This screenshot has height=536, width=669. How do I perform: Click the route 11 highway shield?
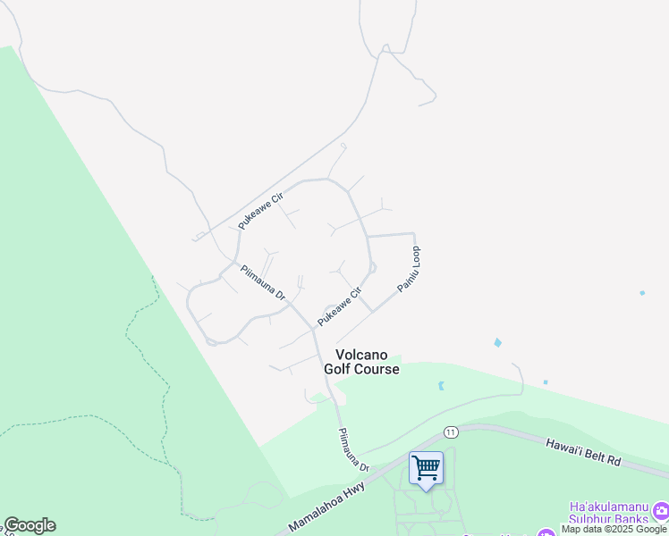pos(450,431)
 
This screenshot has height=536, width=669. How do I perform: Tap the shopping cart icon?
pos(427,467)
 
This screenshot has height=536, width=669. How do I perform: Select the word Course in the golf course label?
pos(376,369)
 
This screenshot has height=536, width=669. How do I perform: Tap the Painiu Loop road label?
pos(409,273)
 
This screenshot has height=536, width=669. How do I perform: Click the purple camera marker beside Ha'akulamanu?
pos(661,511)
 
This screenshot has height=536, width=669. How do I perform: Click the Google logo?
pos(30,525)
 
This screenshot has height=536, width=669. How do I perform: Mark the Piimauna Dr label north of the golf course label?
pos(261,281)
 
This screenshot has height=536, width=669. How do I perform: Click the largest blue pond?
pos(497,342)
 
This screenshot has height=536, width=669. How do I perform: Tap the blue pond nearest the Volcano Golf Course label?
pos(440,386)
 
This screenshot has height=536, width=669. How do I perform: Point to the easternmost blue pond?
pos(642,292)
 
